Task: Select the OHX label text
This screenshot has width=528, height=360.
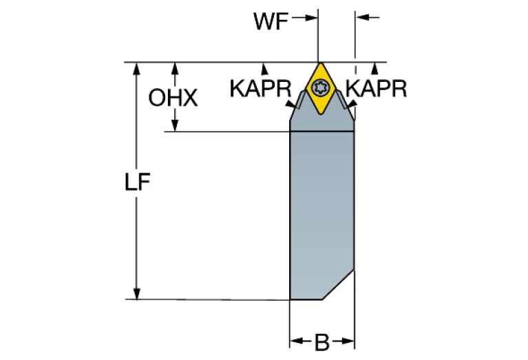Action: tap(173, 98)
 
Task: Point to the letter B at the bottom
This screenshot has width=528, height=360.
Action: tap(321, 342)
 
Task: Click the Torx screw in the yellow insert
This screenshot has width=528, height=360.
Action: tap(319, 87)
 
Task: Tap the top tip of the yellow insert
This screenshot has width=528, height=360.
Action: tap(318, 64)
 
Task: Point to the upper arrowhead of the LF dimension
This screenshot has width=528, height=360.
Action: tap(137, 69)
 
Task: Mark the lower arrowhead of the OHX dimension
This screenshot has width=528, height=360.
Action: tap(175, 125)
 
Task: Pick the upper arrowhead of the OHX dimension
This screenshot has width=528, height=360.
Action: tap(175, 69)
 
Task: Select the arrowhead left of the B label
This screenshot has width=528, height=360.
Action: tap(296, 341)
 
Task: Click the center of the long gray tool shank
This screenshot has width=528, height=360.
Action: tap(321, 213)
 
